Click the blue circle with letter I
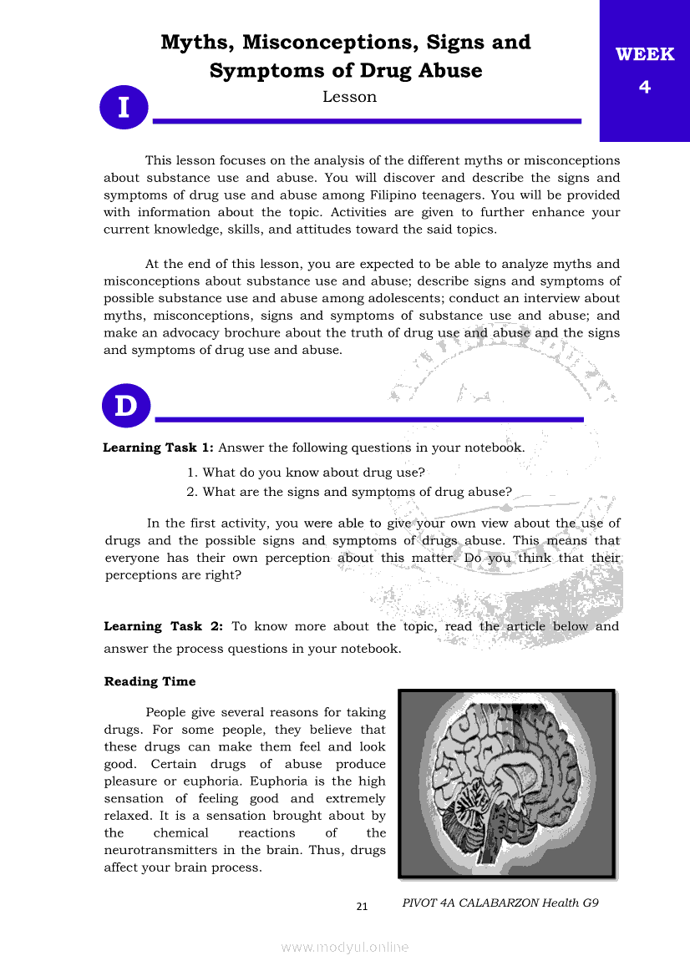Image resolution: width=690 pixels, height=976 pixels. [x=124, y=108]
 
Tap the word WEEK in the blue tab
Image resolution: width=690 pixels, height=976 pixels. [x=644, y=55]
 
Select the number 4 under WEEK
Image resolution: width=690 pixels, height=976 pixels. [x=644, y=86]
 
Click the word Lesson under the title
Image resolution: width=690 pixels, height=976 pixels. [x=349, y=97]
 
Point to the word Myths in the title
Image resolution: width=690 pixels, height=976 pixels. [x=195, y=42]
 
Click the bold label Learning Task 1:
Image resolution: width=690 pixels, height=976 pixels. [x=158, y=448]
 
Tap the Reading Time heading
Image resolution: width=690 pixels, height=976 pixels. [x=150, y=681]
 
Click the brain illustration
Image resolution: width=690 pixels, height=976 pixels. [x=506, y=783]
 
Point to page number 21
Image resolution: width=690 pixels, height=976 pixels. [x=362, y=907]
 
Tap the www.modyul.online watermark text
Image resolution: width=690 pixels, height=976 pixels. [x=345, y=947]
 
